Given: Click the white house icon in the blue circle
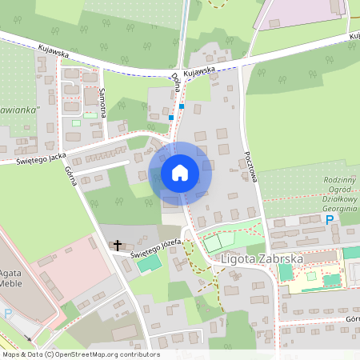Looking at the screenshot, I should click(x=180, y=173).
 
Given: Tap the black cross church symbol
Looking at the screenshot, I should click(x=118, y=245).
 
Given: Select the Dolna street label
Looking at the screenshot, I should click(x=175, y=82).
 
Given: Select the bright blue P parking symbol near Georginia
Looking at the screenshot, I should click(x=328, y=220).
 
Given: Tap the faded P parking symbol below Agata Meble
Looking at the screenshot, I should click(x=8, y=314).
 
